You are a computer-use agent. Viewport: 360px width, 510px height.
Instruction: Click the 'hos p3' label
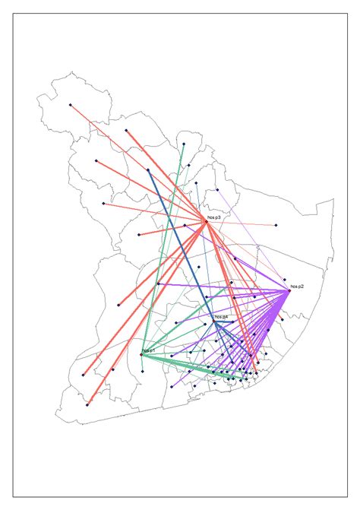pyautogui.click(x=213, y=217)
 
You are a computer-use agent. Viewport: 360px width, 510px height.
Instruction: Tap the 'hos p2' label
pyautogui.click(x=297, y=287)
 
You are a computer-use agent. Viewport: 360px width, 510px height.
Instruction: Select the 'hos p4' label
pyautogui.click(x=222, y=316)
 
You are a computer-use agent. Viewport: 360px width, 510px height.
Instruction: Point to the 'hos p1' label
pyautogui.click(x=148, y=350)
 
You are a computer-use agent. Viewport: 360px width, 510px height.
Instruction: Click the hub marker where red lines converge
pyautogui.click(x=207, y=221)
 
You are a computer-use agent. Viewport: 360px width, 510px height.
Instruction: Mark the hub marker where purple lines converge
pyautogui.click(x=289, y=291)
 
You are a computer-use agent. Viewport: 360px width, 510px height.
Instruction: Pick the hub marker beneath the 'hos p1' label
pyautogui.click(x=141, y=354)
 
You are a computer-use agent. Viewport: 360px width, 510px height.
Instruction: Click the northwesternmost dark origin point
pyautogui.click(x=70, y=105)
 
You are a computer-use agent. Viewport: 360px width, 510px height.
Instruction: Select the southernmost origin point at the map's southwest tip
pyautogui.click(x=87, y=404)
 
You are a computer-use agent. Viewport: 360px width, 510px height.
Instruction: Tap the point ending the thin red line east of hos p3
pyautogui.click(x=276, y=225)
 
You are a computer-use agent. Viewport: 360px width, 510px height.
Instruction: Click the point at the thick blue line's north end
pyautogui.click(x=148, y=170)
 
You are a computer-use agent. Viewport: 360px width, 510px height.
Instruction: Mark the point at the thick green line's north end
pyautogui.click(x=183, y=143)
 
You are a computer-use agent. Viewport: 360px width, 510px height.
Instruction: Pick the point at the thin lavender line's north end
pyautogui.click(x=217, y=190)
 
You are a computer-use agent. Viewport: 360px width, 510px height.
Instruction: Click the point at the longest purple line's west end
pyautogui.click(x=158, y=284)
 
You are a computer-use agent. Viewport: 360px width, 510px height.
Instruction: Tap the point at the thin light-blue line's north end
pyautogui.click(x=196, y=183)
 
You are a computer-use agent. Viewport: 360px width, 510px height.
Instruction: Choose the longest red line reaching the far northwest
pyautogui.click(x=137, y=162)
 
